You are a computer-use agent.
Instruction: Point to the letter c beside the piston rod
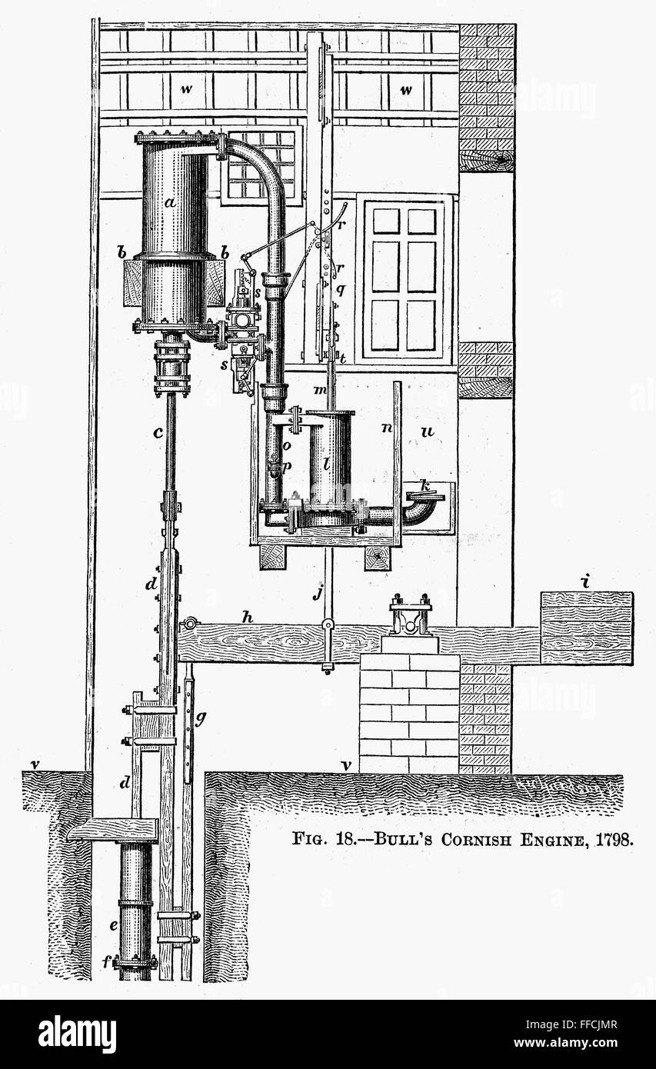pyautogui.click(x=157, y=432)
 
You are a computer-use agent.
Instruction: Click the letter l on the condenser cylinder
pyautogui.click(x=326, y=464)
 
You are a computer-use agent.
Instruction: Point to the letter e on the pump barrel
pyautogui.click(x=113, y=926)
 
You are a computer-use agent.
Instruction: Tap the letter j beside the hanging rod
pyautogui.click(x=315, y=592)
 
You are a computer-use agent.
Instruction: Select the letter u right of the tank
pyautogui.click(x=427, y=432)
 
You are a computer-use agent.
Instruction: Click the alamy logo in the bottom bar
pyautogui.click(x=77, y=1034)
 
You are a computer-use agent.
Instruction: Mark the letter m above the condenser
pyautogui.click(x=318, y=391)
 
